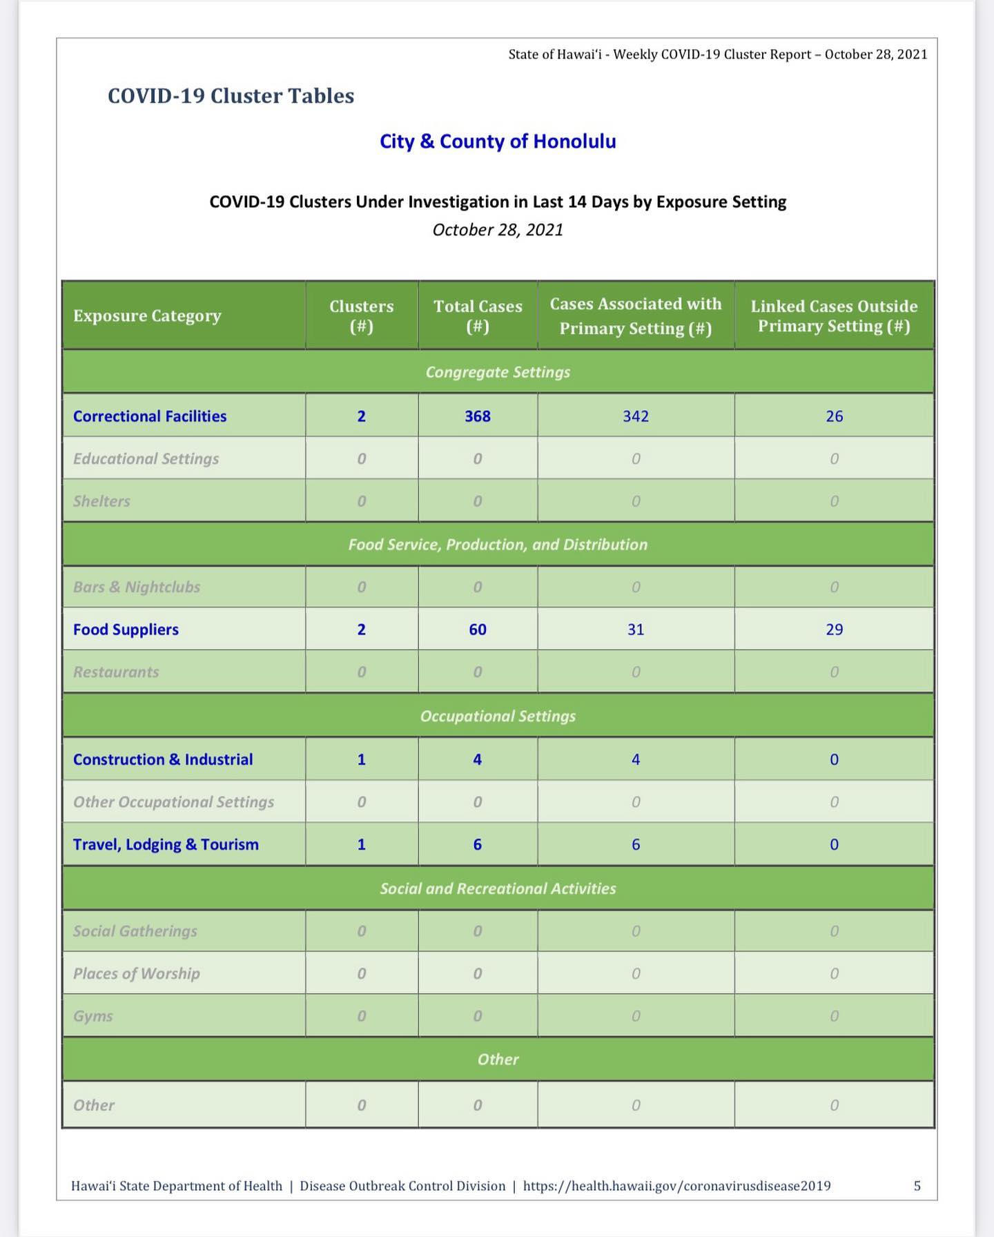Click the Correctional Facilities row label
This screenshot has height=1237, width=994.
coord(150,416)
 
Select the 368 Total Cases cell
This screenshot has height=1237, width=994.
coord(478,416)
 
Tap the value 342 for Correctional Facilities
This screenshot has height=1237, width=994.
coord(636,416)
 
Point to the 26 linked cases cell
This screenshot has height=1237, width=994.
coord(835,416)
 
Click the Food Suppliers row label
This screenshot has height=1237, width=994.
coord(126,630)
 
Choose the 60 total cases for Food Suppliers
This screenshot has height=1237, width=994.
coord(478,630)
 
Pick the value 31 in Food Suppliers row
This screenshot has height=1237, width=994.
coord(636,630)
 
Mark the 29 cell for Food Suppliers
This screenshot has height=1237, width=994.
coord(835,630)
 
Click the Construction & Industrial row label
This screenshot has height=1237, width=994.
coord(163,759)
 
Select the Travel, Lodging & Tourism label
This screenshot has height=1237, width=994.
coord(166,844)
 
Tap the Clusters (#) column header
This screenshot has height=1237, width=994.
coord(361,315)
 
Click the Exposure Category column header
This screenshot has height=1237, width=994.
coord(147,315)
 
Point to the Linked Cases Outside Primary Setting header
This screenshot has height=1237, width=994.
coord(834,315)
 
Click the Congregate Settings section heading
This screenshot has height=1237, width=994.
coord(498,372)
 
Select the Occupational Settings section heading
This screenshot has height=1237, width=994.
coord(498,716)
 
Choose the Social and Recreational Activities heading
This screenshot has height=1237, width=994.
coord(498,888)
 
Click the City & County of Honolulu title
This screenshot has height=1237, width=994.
coord(498,142)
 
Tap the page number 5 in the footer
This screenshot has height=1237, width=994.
coord(917,1186)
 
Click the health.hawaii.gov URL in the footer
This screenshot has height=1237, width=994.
coord(676,1186)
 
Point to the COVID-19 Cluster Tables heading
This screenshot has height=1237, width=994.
coord(231,96)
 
